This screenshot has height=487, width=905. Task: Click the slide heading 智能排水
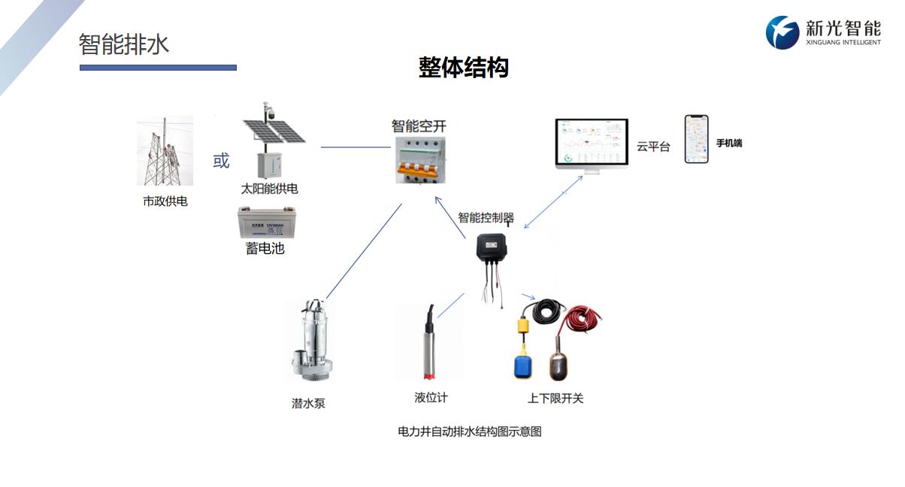coord(124,44)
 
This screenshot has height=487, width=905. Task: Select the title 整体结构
coord(463,68)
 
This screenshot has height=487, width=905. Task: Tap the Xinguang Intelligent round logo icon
coord(782,32)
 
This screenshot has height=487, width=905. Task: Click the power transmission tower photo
coord(165,151)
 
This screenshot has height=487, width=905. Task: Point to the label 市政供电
coord(165,201)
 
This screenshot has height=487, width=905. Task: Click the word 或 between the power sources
coord(221,161)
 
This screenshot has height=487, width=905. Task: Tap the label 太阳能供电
coord(269,189)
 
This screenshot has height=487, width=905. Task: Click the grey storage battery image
coord(266,222)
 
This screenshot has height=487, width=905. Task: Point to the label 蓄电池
coord(265,248)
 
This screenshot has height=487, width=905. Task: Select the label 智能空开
coord(419,126)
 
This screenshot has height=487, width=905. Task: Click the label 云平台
coord(652,147)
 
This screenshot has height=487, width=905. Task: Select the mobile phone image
coord(696,139)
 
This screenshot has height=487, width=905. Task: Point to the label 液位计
coord(431,398)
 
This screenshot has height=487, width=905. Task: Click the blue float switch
coord(525,366)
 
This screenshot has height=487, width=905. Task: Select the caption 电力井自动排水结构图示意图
coord(469,432)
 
